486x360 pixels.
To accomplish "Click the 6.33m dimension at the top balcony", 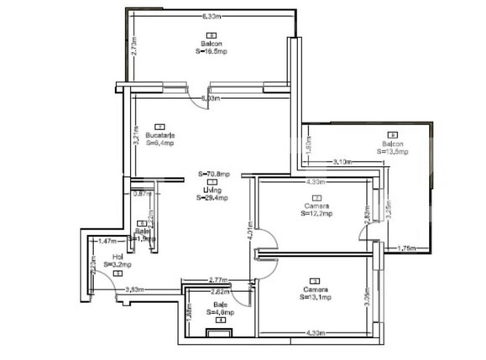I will pyautogui.click(x=212, y=16).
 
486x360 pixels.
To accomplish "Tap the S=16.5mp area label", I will pyautogui.click(x=211, y=51).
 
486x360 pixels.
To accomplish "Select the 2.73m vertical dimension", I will pyautogui.click(x=134, y=47).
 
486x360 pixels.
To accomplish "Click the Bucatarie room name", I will pyautogui.click(x=159, y=134).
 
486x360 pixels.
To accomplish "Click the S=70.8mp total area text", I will pyautogui.click(x=212, y=175).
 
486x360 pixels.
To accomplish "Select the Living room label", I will pyautogui.click(x=212, y=190).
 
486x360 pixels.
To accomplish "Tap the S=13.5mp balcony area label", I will pyautogui.click(x=392, y=152).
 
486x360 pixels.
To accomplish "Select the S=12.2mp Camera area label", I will pyautogui.click(x=316, y=214).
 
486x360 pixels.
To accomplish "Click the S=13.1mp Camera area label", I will pyautogui.click(x=316, y=297).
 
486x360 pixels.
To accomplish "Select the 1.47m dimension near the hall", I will pyautogui.click(x=107, y=241).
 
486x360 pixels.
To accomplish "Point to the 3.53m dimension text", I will pyautogui.click(x=133, y=290).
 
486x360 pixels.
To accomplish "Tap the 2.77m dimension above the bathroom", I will pyautogui.click(x=218, y=279).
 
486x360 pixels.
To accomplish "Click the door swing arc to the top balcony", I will pyautogui.click(x=205, y=101).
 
